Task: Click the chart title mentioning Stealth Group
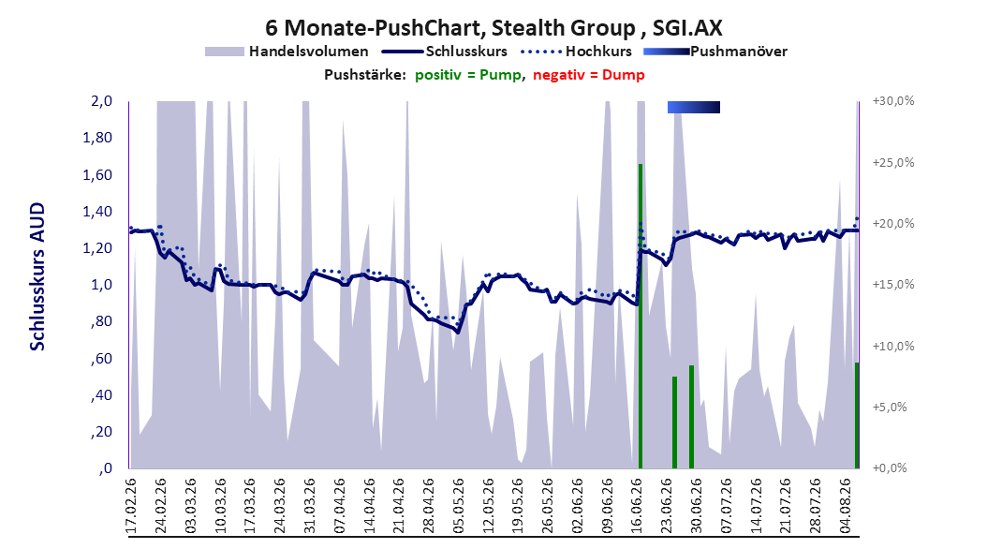tap(493, 28)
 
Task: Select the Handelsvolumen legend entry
tap(287, 52)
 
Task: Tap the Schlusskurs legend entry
tap(445, 52)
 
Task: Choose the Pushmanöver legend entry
tap(715, 52)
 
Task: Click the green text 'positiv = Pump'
tap(467, 75)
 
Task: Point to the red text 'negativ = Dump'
tap(589, 75)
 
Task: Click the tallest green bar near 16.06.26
tap(641, 316)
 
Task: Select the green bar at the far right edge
tap(857, 416)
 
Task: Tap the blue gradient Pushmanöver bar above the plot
tap(694, 107)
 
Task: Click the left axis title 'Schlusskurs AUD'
tap(37, 277)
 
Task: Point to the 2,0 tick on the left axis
tap(101, 101)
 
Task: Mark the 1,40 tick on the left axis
tap(97, 211)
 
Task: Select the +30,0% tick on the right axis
tap(893, 101)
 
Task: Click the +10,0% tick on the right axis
tap(893, 346)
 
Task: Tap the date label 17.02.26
tap(131, 506)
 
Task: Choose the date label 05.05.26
tap(458, 506)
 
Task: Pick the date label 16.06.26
tap(637, 506)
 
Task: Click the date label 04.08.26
tap(846, 506)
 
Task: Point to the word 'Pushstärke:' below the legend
tap(365, 75)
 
